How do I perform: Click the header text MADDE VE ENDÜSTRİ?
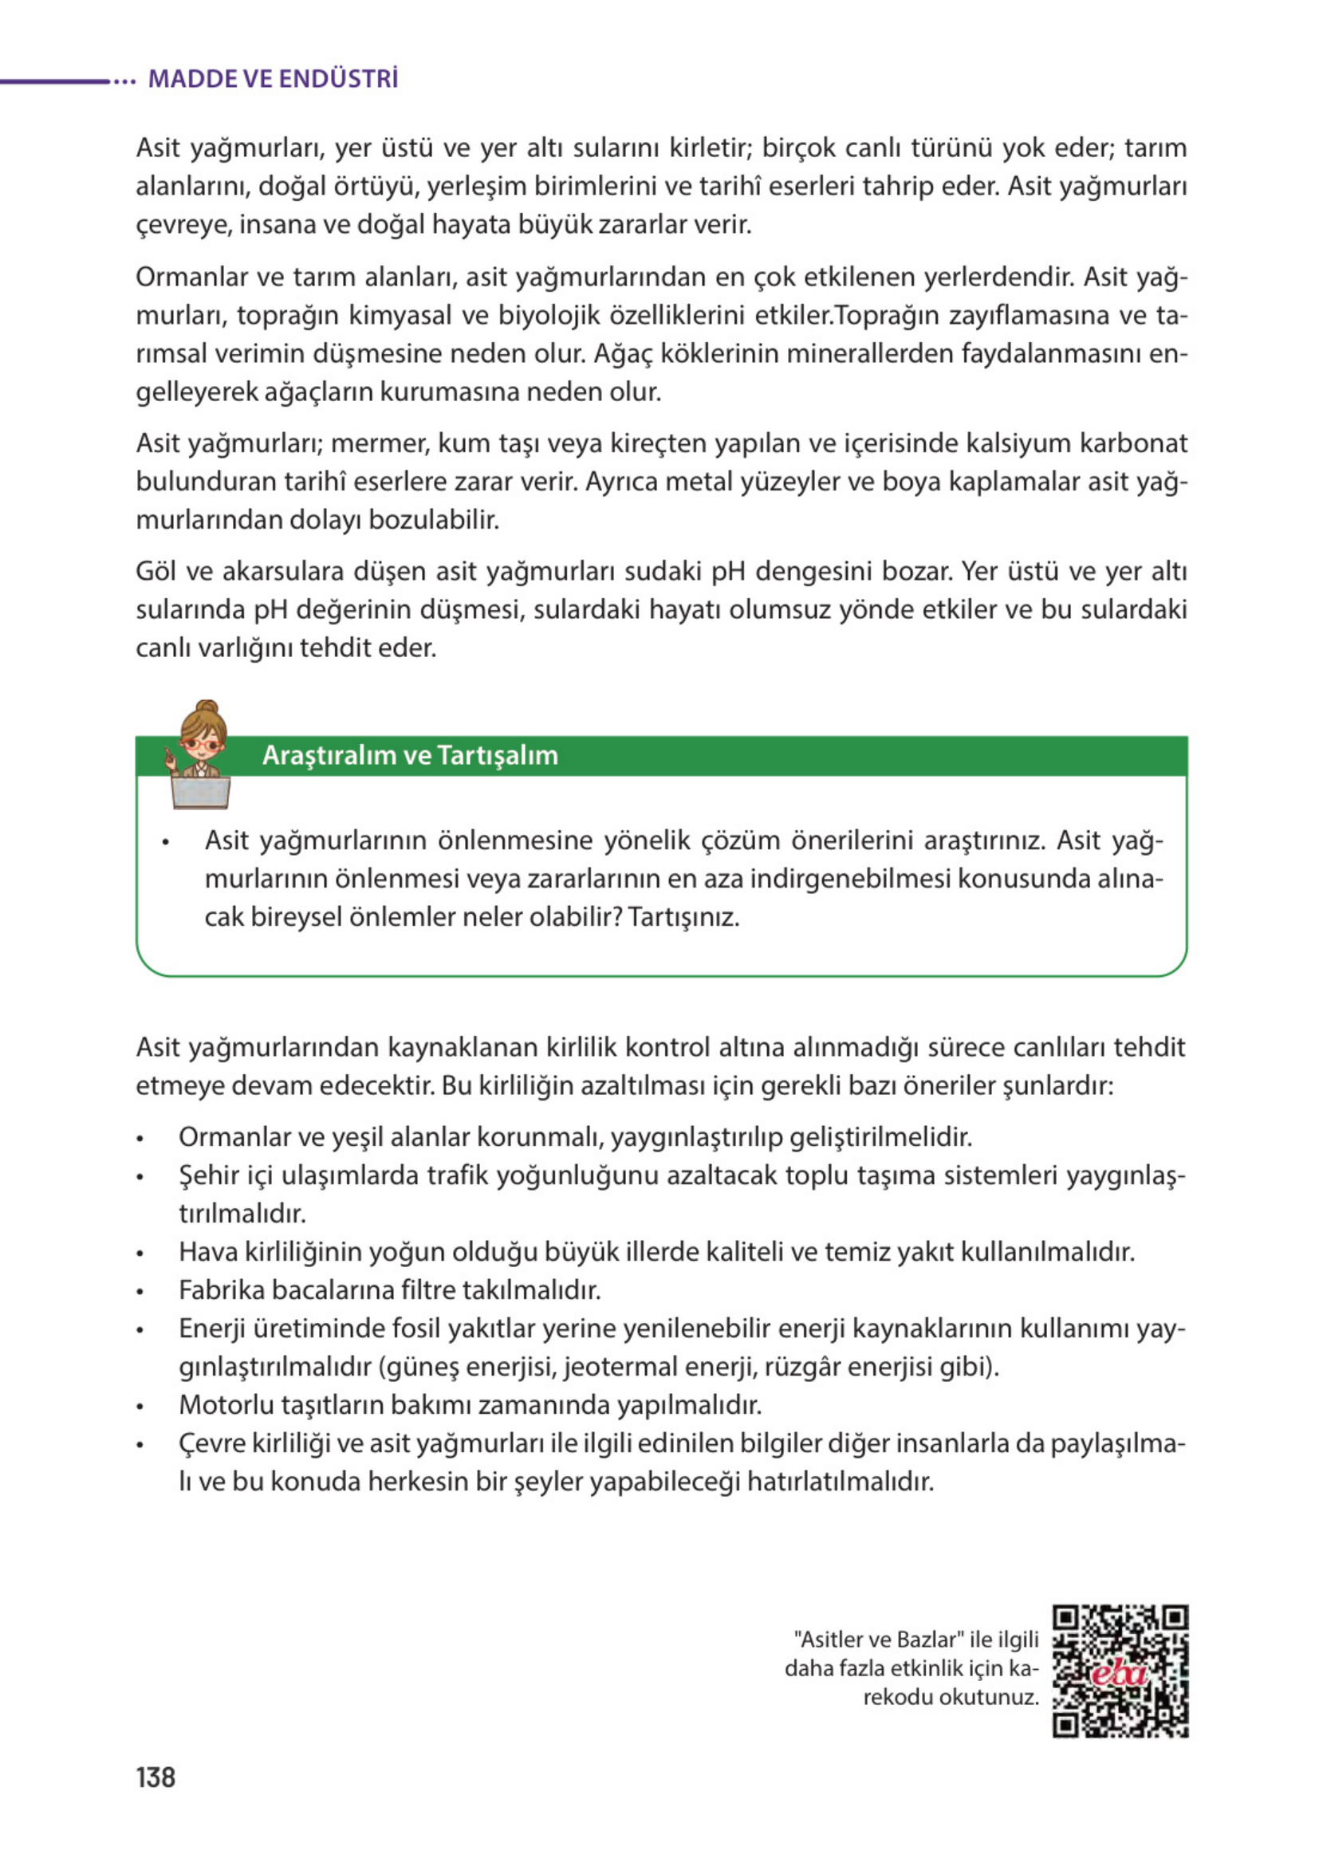[x=273, y=79]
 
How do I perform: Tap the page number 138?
[x=156, y=1777]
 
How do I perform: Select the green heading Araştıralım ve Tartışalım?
[x=410, y=755]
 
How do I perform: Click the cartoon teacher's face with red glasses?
[x=201, y=742]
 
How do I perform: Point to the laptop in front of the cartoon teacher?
[x=200, y=791]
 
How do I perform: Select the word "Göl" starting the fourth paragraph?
[x=156, y=571]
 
